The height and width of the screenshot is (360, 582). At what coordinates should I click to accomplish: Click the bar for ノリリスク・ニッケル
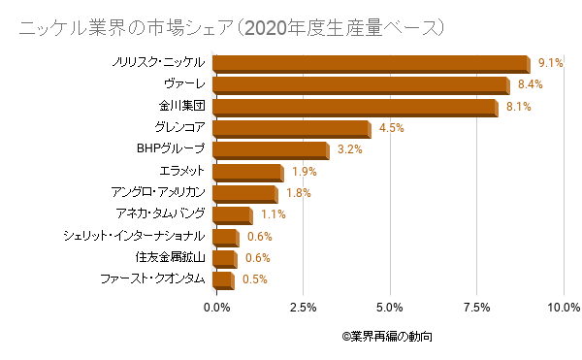(370, 64)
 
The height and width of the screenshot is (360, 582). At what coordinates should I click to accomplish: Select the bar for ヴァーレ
(358, 85)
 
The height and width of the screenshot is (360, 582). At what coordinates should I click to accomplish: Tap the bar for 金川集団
(353, 107)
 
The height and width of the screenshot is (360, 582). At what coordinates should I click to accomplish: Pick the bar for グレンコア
(290, 129)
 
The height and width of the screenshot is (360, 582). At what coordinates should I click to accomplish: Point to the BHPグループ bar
(269, 150)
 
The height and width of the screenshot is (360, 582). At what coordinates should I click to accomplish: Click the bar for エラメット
(246, 172)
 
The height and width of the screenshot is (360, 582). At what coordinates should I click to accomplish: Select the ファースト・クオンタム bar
(222, 280)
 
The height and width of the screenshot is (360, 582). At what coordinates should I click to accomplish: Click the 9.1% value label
(551, 63)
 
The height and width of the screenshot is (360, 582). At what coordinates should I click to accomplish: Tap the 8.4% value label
(530, 85)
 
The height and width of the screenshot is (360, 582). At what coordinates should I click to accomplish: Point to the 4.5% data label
(392, 128)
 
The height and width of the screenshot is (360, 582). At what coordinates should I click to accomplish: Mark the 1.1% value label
(273, 214)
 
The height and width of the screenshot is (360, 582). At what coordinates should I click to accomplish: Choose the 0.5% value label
(254, 279)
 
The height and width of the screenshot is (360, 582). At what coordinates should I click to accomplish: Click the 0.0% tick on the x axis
(216, 308)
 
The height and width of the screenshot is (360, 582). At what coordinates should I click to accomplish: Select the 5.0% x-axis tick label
(390, 308)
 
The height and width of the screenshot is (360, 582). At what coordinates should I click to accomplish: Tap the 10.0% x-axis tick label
(563, 308)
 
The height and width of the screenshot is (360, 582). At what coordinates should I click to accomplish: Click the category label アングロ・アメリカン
(157, 192)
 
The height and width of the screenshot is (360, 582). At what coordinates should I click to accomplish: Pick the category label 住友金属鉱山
(170, 257)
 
